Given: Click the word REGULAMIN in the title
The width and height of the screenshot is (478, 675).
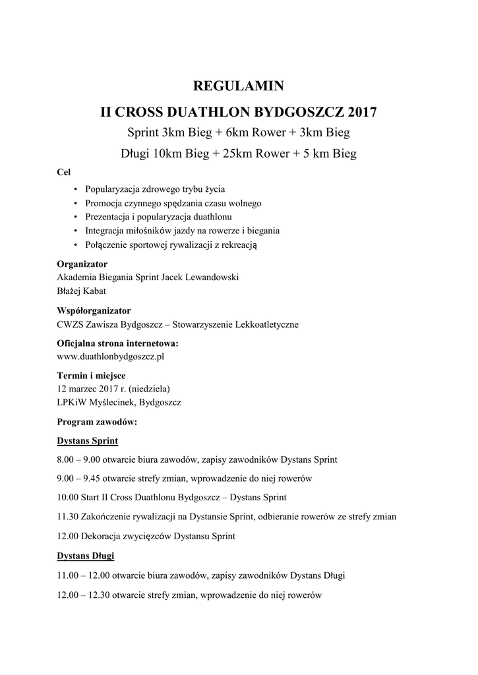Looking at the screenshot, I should [238, 86].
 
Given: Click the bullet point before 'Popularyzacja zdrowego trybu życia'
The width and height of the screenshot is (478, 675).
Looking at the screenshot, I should [77, 189].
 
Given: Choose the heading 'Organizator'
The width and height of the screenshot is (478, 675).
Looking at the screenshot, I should [82, 264].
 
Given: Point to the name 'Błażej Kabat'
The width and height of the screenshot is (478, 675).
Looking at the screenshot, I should [82, 290].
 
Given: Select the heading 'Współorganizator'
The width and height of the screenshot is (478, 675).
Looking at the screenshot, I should [94, 310].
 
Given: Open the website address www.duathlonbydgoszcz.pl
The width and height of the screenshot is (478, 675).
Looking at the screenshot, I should [111, 357].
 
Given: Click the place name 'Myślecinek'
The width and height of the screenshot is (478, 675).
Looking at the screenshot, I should [119, 401].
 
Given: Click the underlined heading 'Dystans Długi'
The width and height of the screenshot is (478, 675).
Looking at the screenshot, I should [86, 556].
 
